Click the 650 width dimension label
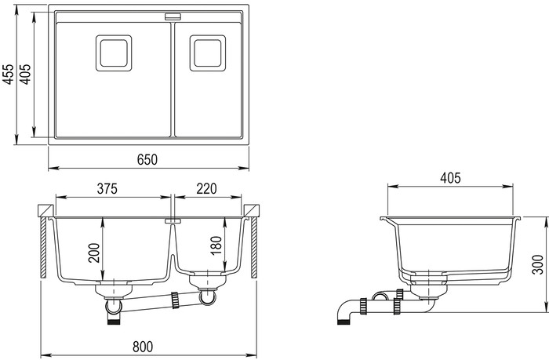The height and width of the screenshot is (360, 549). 147,159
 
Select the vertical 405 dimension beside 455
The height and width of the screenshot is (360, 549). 27,75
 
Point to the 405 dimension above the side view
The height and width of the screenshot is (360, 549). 450,178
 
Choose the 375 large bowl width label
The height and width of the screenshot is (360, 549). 108,188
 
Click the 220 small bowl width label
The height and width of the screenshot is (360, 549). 206,188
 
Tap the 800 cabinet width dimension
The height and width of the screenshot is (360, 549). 147,346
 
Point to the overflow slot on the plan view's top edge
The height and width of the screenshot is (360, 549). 172,16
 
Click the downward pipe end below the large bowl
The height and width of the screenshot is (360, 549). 115,315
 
